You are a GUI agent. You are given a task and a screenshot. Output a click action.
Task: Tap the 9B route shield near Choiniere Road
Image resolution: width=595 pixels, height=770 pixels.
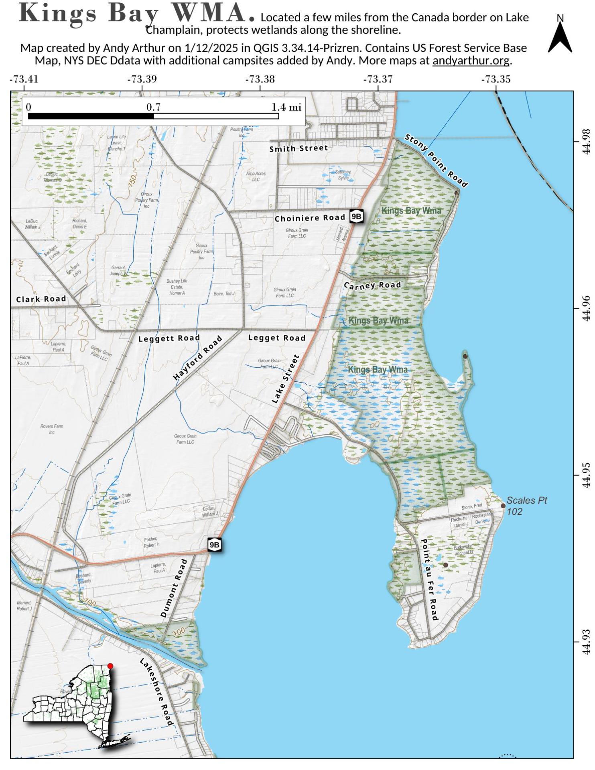coord(356,217)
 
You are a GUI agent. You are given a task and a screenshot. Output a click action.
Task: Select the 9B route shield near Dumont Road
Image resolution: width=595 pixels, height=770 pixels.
coord(215,545)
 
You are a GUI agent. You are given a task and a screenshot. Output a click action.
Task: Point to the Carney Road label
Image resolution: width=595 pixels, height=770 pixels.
coord(372,285)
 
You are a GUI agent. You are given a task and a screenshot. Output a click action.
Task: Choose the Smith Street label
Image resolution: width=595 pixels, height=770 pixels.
coord(299,148)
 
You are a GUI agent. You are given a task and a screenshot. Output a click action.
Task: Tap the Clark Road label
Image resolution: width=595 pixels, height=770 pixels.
coord(41,299)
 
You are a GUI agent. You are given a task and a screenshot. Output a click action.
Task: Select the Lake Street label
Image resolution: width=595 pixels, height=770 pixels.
coord(286,379)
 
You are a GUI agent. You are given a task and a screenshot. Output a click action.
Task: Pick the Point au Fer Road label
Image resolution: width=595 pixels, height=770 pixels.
coord(428,580)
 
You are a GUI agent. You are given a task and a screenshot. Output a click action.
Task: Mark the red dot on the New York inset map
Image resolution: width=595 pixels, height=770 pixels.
coord(110,666)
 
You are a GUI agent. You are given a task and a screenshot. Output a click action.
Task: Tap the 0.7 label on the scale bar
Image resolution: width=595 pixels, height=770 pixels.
coord(153,107)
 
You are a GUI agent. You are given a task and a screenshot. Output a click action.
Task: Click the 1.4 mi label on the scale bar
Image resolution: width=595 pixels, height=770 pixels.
coord(286,107)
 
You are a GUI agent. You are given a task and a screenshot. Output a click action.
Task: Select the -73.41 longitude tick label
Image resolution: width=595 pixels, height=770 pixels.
coord(24,79)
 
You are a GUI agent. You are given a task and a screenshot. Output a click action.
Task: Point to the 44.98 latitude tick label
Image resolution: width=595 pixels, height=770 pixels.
coord(586,141)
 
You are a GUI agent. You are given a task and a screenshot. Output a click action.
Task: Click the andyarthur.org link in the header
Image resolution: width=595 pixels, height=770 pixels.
coord(471,61)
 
